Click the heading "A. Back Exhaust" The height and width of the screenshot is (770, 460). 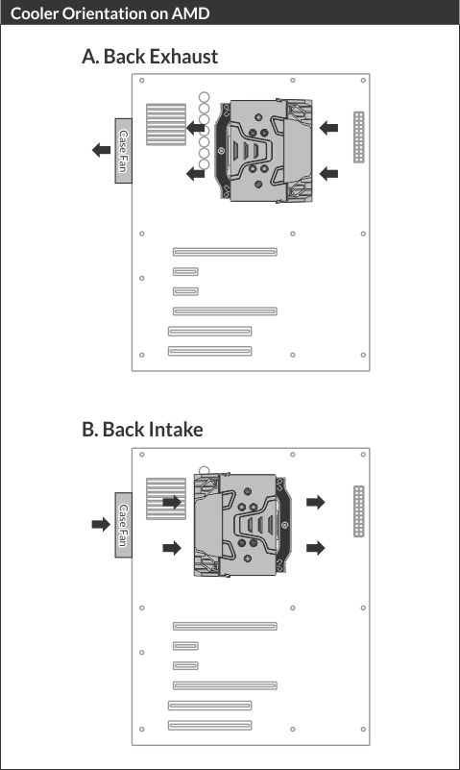150,57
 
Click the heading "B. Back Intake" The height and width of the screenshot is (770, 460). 142,430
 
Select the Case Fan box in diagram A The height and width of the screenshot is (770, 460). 124,151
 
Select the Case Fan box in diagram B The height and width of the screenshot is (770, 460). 124,525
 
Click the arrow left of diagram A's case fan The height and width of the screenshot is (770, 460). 102,150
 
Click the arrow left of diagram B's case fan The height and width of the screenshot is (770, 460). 101,524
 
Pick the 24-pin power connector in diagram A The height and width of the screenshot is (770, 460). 359,137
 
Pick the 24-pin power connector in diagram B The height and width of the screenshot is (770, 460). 359,511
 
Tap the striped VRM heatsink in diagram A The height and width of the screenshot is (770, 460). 166,124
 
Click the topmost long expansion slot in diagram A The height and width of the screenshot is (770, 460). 225,252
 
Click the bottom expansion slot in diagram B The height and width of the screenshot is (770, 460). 210,725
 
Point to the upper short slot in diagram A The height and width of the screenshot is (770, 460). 186,271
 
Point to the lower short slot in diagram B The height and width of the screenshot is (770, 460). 186,666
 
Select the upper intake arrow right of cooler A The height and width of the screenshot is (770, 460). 328,128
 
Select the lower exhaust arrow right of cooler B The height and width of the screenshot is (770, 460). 316,548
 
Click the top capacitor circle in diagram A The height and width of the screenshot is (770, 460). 204,97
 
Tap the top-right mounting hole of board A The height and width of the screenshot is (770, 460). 363,80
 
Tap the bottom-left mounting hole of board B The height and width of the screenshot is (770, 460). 142,730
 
